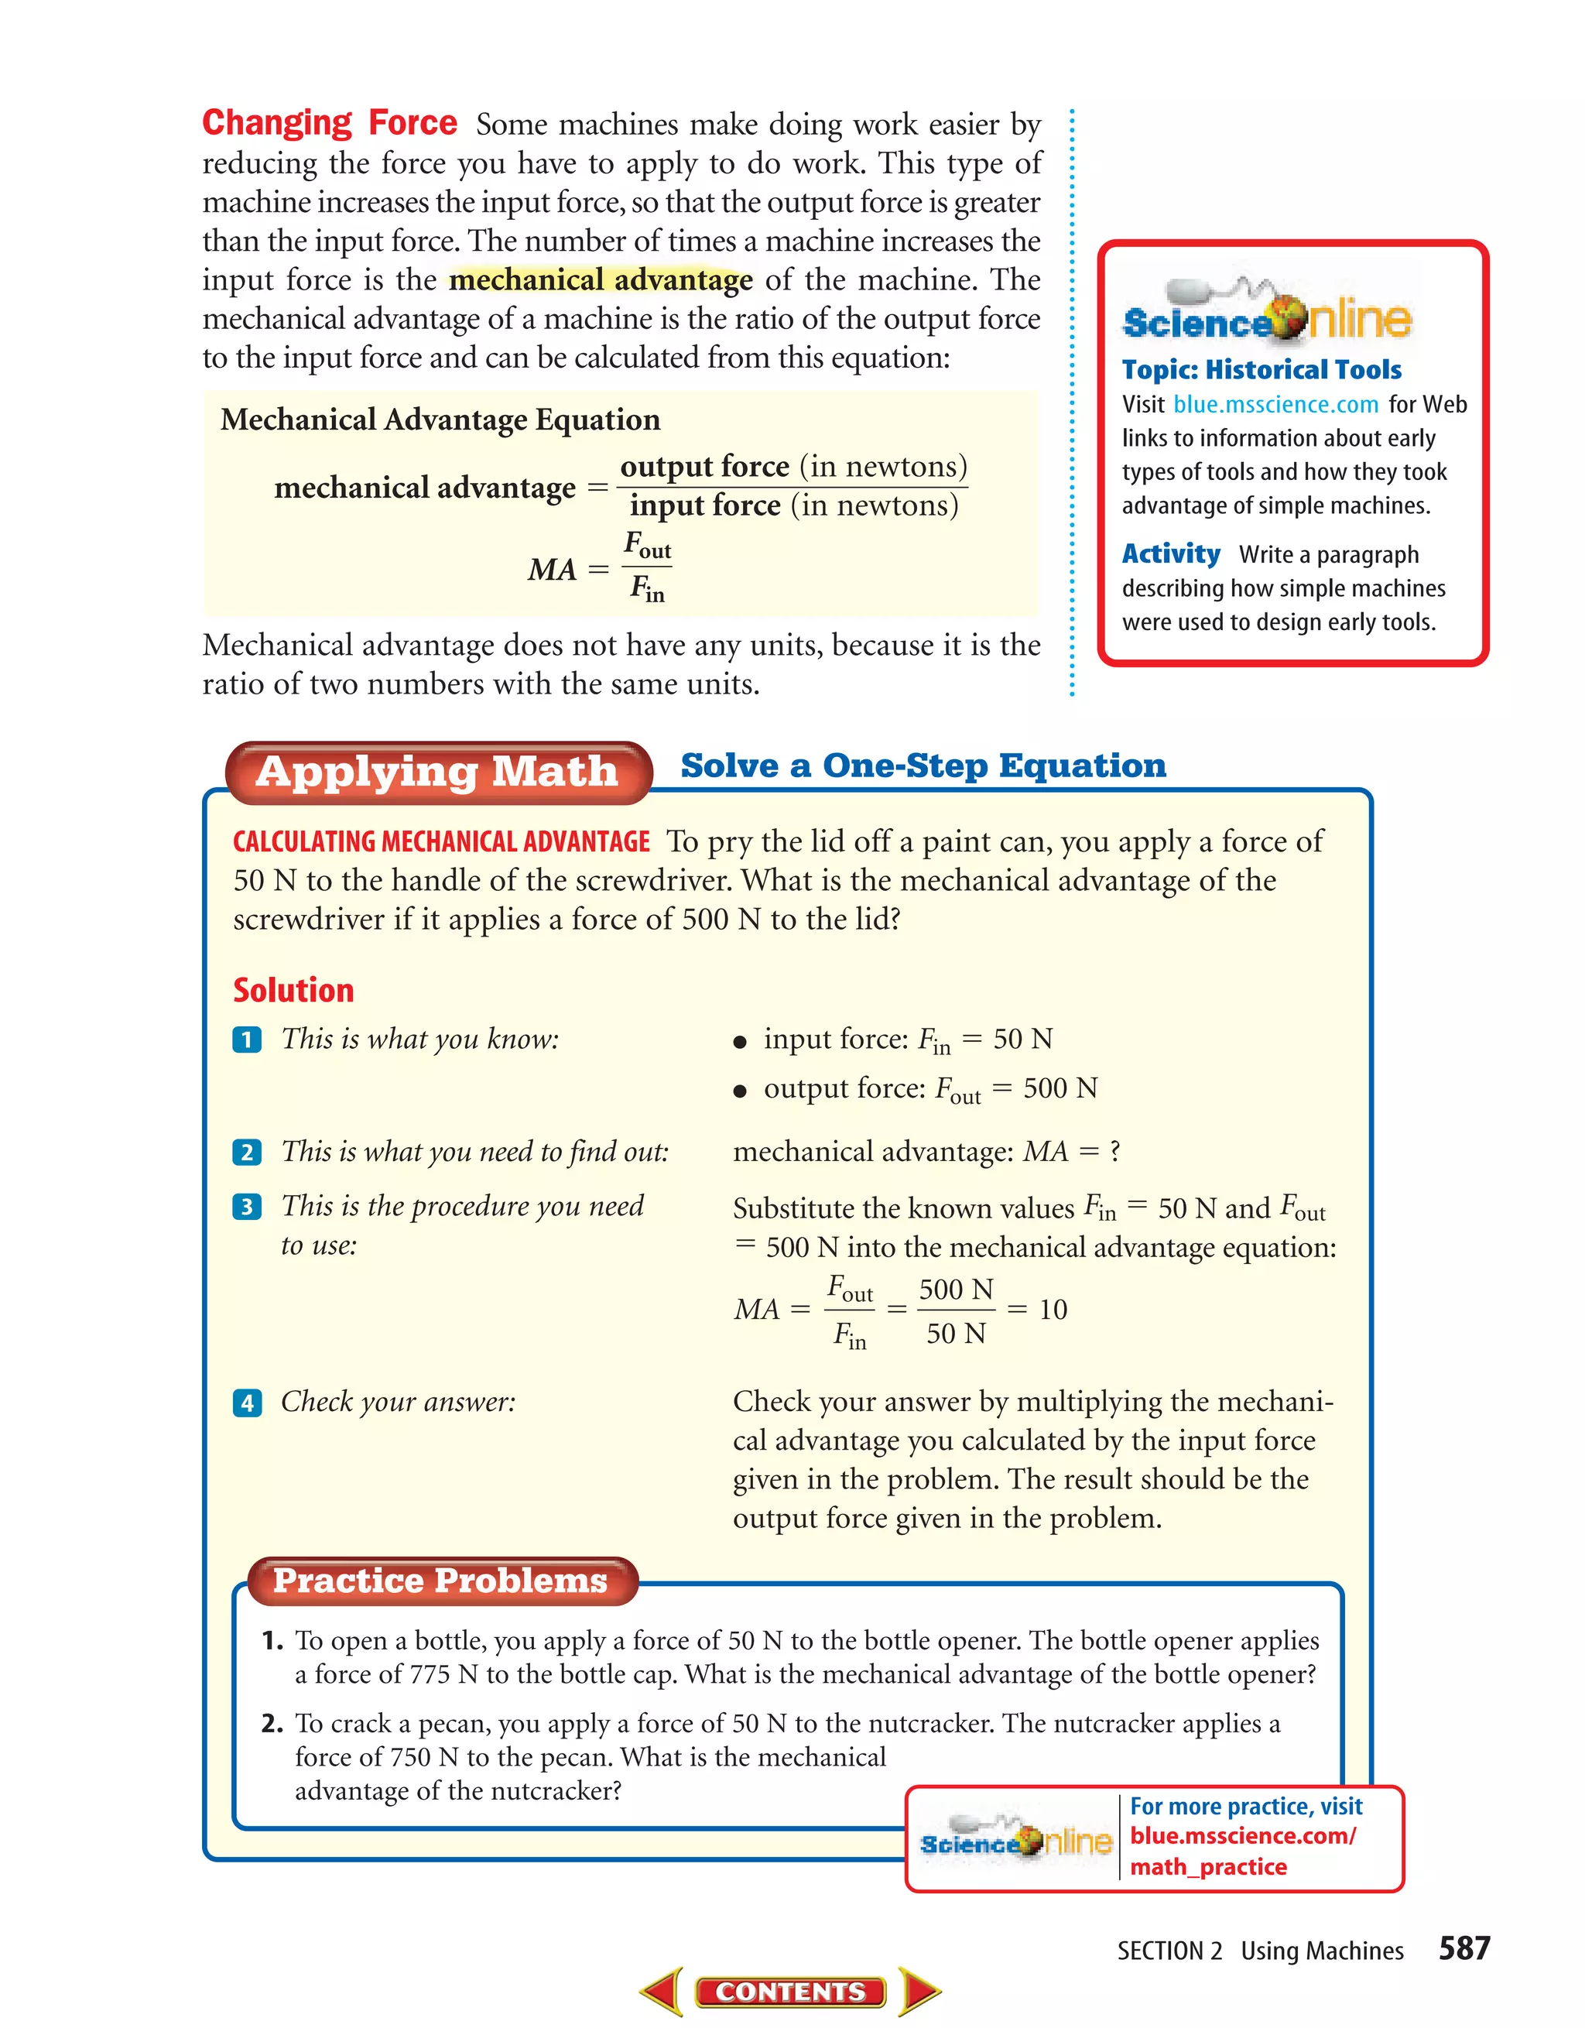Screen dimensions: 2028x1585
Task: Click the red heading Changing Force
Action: click(x=330, y=124)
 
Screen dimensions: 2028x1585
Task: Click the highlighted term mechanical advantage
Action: click(x=601, y=279)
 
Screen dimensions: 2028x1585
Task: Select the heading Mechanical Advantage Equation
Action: click(x=440, y=420)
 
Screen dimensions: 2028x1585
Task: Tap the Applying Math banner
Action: click(x=437, y=772)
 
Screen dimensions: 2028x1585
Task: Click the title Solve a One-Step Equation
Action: click(x=923, y=765)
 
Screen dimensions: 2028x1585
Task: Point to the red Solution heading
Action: click(x=293, y=991)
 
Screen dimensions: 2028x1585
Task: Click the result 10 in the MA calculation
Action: click(x=1053, y=1310)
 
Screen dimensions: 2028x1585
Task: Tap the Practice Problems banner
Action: click(x=440, y=1581)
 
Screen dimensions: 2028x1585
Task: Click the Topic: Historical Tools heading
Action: click(x=1261, y=369)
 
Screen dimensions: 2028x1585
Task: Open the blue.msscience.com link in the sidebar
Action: click(x=1275, y=405)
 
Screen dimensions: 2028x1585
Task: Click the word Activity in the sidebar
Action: click(x=1170, y=554)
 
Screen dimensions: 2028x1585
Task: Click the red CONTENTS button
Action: click(x=790, y=1992)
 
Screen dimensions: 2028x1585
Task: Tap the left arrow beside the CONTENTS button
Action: click(x=664, y=1991)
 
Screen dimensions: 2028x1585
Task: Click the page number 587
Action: click(x=1463, y=1947)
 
